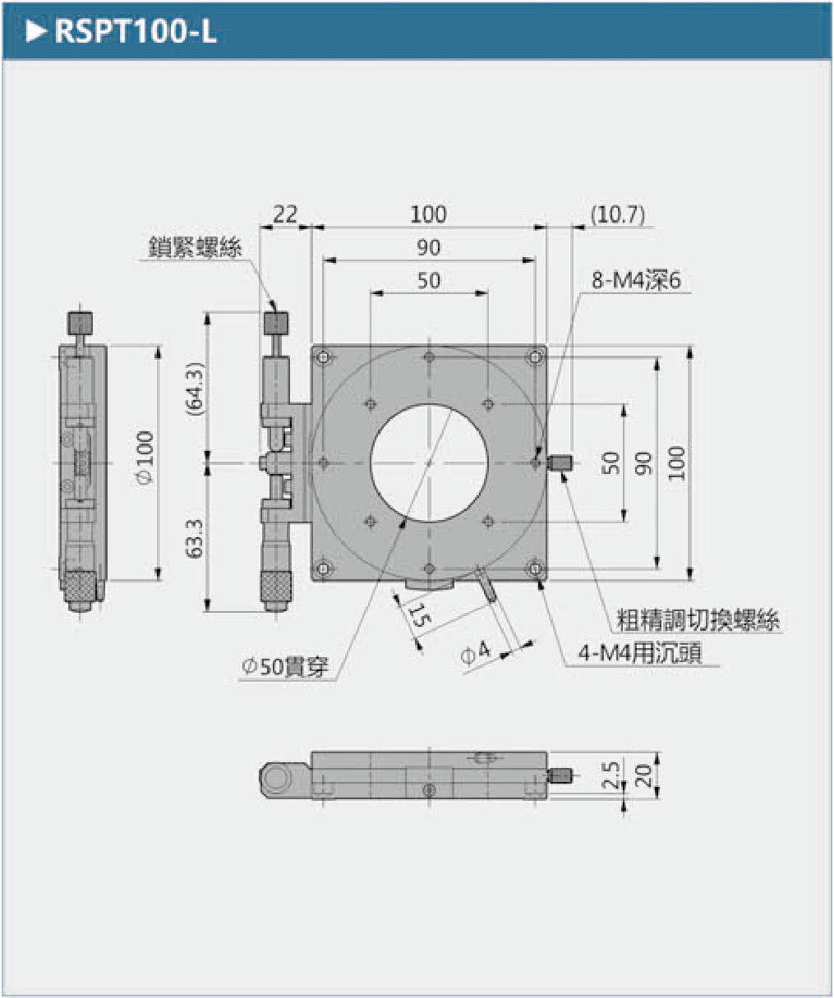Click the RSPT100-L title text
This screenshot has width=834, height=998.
[x=136, y=31]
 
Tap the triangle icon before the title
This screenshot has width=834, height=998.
[x=36, y=31]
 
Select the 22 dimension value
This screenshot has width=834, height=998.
[x=285, y=214]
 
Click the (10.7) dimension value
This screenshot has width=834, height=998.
[x=618, y=214]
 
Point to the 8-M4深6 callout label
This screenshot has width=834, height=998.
[x=636, y=280]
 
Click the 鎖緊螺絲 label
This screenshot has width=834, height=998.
[x=195, y=247]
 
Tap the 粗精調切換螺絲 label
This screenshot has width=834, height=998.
[x=698, y=620]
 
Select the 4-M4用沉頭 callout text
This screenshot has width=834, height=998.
[x=640, y=652]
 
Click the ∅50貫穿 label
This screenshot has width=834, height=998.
[x=285, y=666]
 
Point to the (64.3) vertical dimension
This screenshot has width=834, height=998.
[x=195, y=389]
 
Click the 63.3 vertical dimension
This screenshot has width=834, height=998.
[x=195, y=539]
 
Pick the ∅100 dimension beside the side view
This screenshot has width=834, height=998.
[x=145, y=458]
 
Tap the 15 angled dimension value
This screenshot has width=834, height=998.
[x=417, y=615]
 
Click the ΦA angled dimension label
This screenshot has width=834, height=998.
[x=476, y=652]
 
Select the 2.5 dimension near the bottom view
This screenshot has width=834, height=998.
[x=611, y=775]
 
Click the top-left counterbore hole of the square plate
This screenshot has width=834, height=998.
[x=323, y=357]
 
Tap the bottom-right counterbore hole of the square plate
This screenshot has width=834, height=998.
[x=535, y=568]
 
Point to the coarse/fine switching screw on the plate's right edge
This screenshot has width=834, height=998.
[x=560, y=462]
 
